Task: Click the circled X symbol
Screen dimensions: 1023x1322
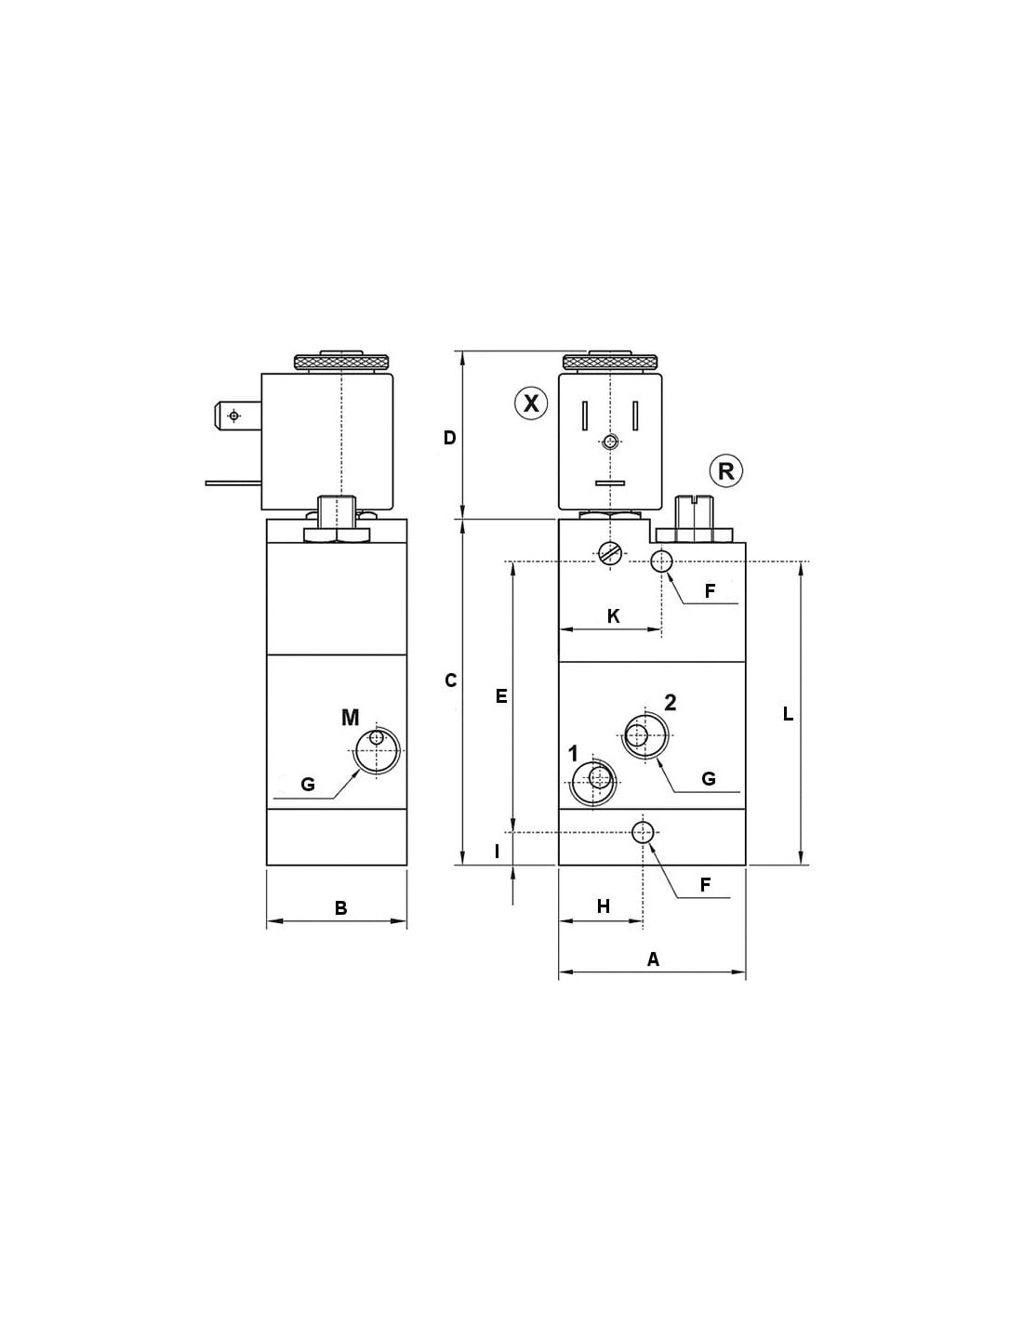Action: point(531,403)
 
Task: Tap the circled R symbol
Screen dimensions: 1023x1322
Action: point(726,471)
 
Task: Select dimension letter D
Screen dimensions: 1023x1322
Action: point(450,438)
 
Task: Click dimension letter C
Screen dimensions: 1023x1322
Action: point(450,681)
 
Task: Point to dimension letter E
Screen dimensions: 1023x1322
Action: point(501,696)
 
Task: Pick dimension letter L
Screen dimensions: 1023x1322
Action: point(788,714)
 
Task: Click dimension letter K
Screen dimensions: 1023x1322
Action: point(614,616)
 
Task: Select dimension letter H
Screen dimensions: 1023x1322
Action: point(603,907)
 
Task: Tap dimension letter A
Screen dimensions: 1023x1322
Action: point(653,959)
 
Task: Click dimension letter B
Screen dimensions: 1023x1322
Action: point(340,908)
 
